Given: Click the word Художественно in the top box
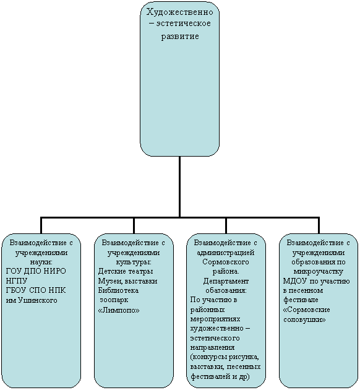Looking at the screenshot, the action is click(179, 12).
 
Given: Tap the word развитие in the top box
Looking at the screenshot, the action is click(180, 37).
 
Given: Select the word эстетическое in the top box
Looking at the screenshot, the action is click(183, 24).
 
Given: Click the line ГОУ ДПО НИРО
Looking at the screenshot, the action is click(36, 271).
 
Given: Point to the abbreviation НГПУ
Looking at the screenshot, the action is click(16, 281).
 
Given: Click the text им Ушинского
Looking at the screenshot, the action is click(32, 300).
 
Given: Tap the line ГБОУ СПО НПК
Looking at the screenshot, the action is click(36, 290).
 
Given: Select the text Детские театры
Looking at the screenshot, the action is click(126, 271).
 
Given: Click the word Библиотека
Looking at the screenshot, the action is click(118, 290).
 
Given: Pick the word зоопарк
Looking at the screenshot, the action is click(114, 300).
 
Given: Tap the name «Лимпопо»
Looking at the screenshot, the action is click(119, 310).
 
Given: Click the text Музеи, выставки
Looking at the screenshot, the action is click(127, 281).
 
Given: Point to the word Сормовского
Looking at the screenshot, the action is click(226, 262).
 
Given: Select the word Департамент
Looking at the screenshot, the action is click(226, 281).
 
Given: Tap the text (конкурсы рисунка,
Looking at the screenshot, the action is click(225, 357).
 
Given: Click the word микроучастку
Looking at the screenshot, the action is click(319, 271).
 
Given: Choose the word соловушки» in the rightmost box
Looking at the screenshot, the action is click(304, 319).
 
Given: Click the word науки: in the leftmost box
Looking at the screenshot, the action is click(41, 262).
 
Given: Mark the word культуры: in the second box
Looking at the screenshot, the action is click(134, 262).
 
